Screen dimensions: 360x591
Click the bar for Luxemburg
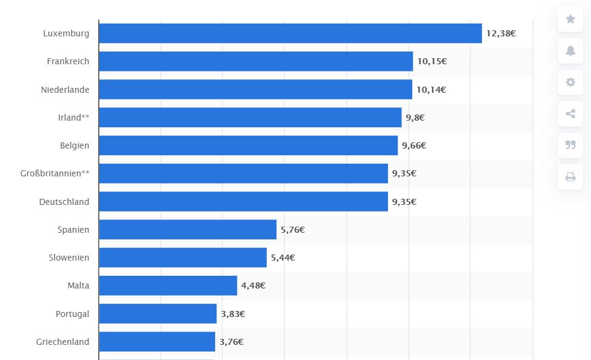tap(290, 33)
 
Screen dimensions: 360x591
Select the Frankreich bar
tap(255, 61)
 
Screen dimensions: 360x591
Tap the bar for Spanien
tap(187, 230)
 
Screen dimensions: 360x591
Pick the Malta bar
tap(167, 285)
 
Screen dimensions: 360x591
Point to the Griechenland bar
tap(156, 342)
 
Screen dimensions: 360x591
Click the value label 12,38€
tap(501, 33)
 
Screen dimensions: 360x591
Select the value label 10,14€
tap(431, 90)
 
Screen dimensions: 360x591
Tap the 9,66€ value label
tap(414, 145)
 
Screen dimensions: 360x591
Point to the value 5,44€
tap(283, 258)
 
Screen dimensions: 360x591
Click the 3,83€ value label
tap(233, 314)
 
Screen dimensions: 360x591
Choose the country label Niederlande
tap(65, 90)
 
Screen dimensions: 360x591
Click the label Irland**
tap(73, 118)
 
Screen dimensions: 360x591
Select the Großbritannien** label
tap(55, 173)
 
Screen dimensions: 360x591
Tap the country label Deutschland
tap(64, 202)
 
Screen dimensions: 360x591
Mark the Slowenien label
tap(68, 258)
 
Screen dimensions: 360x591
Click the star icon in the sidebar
tap(570, 19)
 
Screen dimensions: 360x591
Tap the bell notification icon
tap(570, 50)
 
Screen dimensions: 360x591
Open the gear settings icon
tap(570, 82)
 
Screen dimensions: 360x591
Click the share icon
tap(570, 113)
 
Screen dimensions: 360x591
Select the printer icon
tap(570, 176)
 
